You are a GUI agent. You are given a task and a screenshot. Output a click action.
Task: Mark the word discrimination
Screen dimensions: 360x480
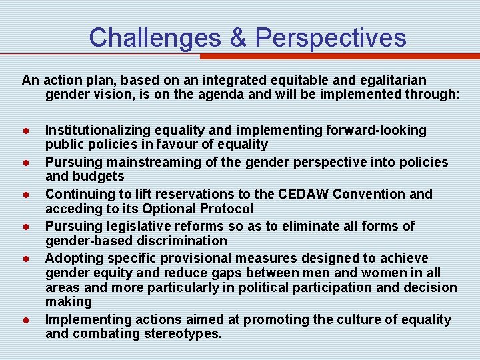click(179, 240)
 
